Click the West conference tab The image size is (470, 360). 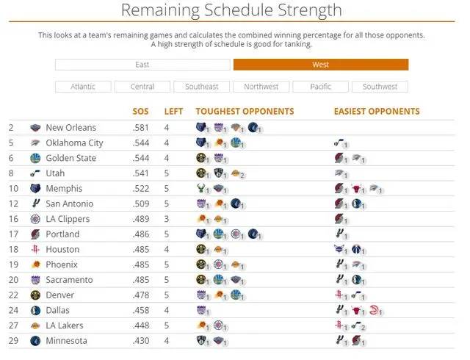point(320,65)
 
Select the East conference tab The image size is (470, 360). point(142,65)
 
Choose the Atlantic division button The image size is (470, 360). point(83,87)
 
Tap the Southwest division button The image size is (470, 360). point(380,87)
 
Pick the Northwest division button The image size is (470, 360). point(261,87)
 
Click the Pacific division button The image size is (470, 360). point(320,87)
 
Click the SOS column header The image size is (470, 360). point(140,112)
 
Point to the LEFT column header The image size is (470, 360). point(173,112)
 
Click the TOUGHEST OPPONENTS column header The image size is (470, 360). point(245,112)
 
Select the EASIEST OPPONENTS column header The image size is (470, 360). point(377,112)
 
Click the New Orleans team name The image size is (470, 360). point(70,128)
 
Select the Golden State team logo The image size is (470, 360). point(36,158)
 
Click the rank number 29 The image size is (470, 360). point(12,341)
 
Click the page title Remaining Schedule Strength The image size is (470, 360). point(231,10)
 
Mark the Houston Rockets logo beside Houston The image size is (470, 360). point(36,250)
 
